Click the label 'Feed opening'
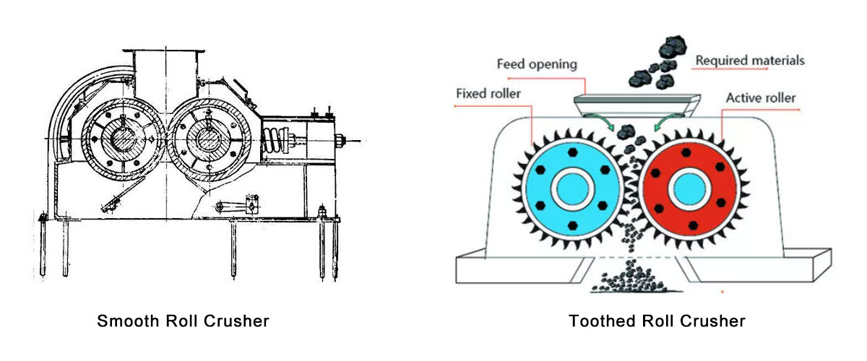[x=537, y=64]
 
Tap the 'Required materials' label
[x=749, y=61]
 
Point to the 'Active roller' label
[x=760, y=97]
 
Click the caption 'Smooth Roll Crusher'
[x=183, y=321]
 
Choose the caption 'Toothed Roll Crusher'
[x=657, y=321]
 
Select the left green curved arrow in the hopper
[x=599, y=120]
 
